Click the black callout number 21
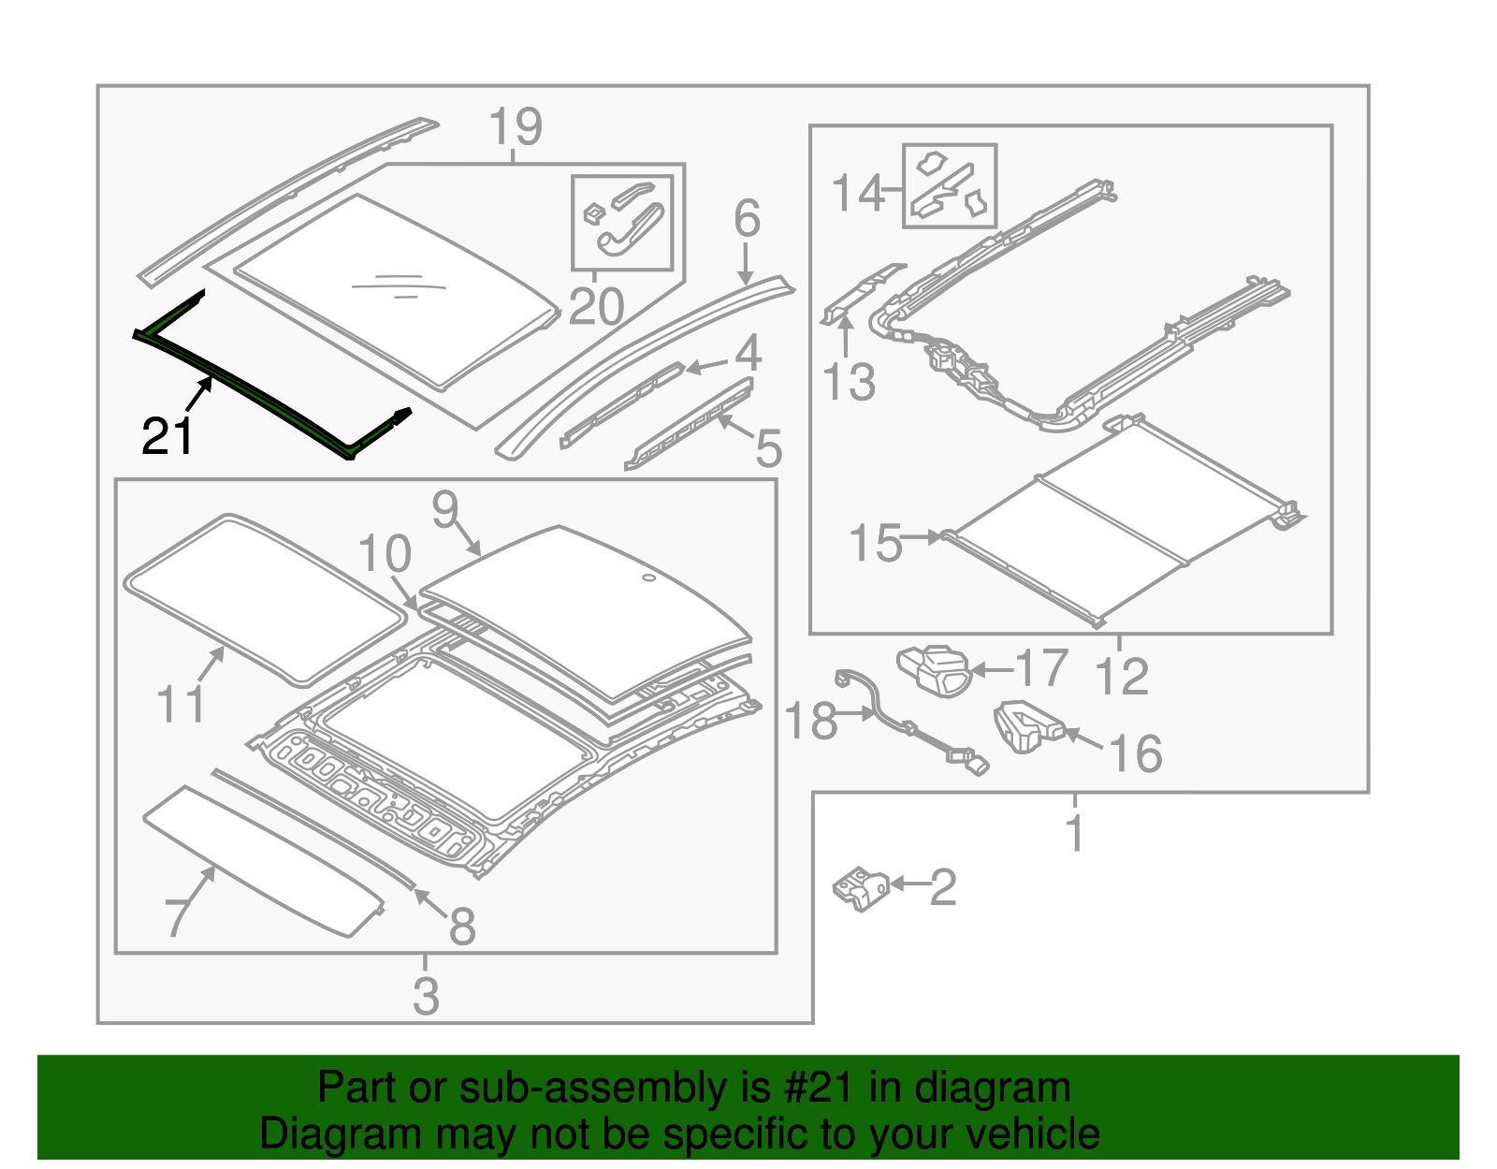167,436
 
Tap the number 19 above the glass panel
515,127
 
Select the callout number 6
747,219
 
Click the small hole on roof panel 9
647,578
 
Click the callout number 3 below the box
426,996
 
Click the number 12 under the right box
1121,677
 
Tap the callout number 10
385,554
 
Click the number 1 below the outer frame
1075,833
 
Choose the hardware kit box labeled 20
622,222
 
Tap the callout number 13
849,383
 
